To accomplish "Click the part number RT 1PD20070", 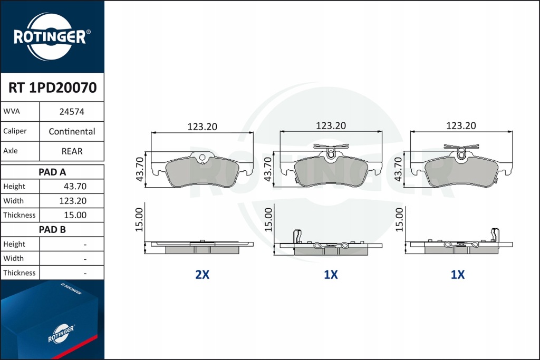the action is pyautogui.click(x=52, y=88).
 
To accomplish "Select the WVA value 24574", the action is pyautogui.click(x=72, y=112).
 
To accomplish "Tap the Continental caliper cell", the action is pyautogui.click(x=72, y=131).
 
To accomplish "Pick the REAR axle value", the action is pyautogui.click(x=72, y=151).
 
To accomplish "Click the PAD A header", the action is pyautogui.click(x=52, y=172).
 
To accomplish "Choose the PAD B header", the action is pyautogui.click(x=52, y=230).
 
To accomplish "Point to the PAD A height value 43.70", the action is pyautogui.click(x=75, y=187).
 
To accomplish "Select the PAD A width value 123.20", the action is pyautogui.click(x=73, y=201).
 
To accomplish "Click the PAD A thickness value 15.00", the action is pyautogui.click(x=75, y=215).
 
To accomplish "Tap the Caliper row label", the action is pyautogui.click(x=15, y=131).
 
